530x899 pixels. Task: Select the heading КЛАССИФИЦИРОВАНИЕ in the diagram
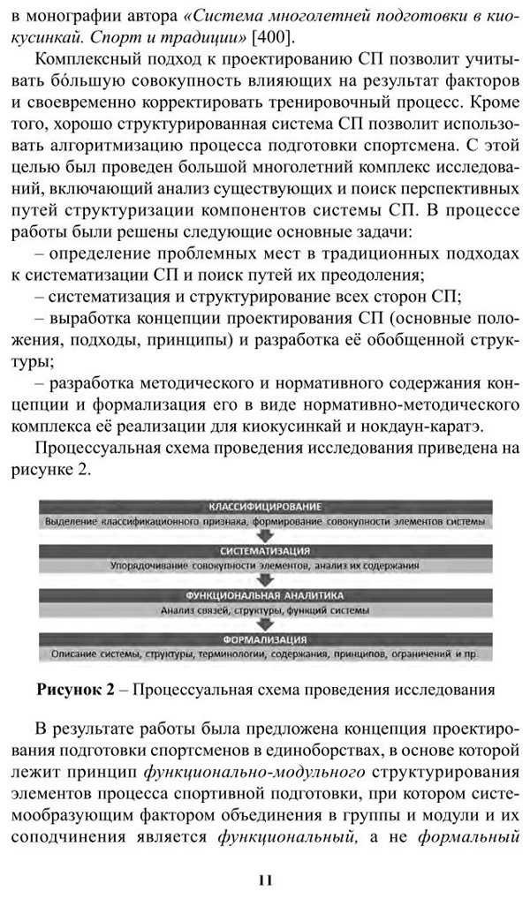pos(264,508)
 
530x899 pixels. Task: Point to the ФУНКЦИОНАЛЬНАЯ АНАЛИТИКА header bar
pos(264,595)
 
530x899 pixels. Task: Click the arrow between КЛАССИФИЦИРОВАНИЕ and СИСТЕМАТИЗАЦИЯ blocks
pos(264,536)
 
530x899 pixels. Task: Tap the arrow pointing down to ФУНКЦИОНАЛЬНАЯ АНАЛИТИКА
pos(264,580)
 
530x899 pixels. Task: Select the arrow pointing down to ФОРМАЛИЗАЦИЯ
pos(264,624)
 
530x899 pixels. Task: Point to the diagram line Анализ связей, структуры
pos(264,609)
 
